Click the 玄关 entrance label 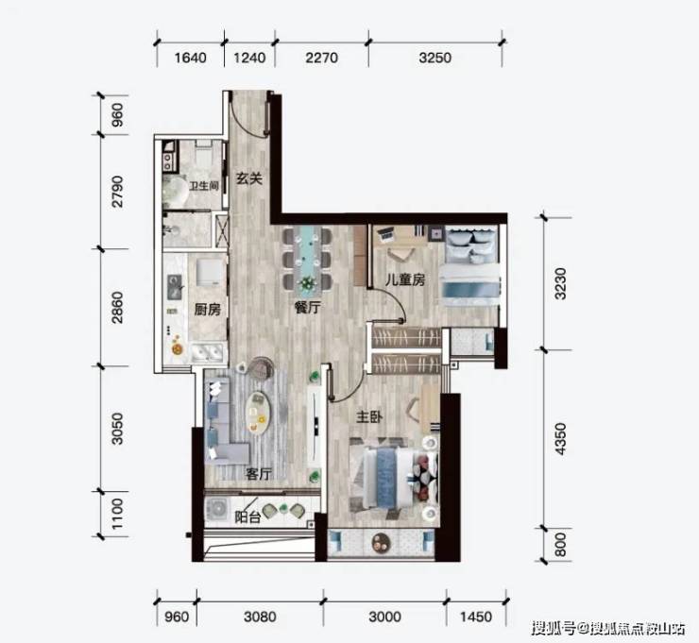pos(248,178)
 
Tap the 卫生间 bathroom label pos(204,185)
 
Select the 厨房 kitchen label pos(207,310)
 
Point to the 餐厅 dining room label pos(308,307)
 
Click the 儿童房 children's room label pos(405,279)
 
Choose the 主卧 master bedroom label pos(369,416)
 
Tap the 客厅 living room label pos(258,474)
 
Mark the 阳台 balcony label pos(247,516)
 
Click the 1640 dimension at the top pos(191,58)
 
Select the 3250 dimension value pos(435,58)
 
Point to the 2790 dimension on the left pos(117,192)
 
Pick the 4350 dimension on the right pos(560,439)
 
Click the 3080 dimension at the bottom pos(261,618)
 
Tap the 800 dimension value pos(560,545)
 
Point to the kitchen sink pos(175,287)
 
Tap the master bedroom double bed pos(394,478)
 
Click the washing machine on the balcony pos(218,509)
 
